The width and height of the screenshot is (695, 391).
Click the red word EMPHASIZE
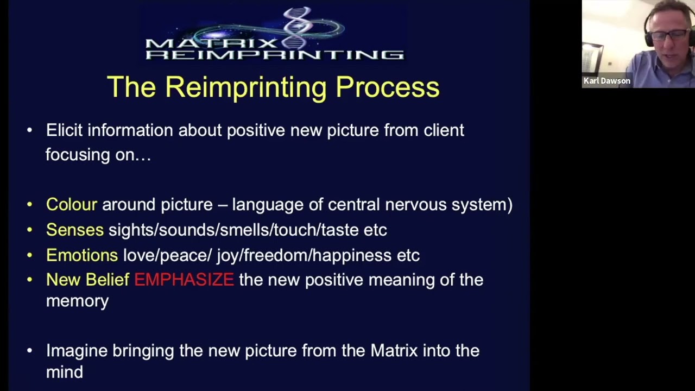coord(184,280)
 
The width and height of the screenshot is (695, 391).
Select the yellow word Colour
coord(71,205)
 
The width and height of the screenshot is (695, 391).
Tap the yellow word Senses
coord(74,230)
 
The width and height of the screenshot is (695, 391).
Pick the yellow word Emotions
coord(81,255)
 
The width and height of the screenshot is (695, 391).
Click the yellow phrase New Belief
coord(87,280)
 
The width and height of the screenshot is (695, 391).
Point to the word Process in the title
coord(388,87)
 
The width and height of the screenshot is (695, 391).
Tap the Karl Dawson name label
coord(606,81)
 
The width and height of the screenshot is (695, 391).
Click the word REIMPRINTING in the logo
coord(275,54)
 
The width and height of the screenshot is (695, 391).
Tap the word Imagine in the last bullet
coord(77,351)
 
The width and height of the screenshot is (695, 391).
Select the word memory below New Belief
coord(77,301)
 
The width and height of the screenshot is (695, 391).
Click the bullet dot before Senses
coord(30,230)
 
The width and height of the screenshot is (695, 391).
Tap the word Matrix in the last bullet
coord(394,351)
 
